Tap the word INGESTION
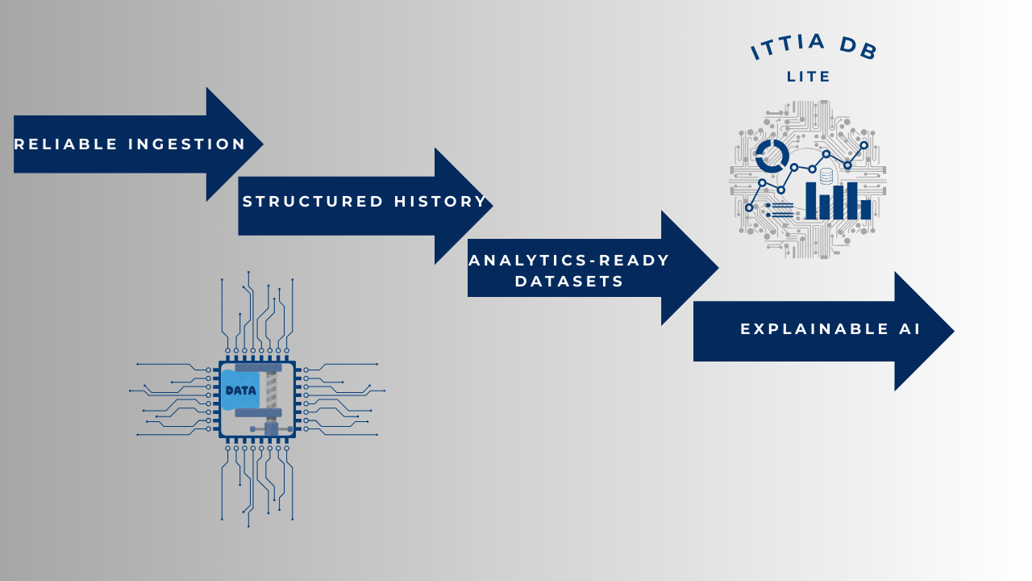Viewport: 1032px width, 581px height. [187, 144]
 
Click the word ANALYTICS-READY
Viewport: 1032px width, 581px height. [569, 261]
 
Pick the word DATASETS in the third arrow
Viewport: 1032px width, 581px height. [569, 282]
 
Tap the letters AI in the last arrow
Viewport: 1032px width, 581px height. [911, 329]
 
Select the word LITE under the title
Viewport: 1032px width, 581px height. [809, 77]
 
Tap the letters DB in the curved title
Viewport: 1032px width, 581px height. [858, 47]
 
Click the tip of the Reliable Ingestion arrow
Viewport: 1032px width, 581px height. [261, 144]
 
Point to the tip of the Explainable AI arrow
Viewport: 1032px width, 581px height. [952, 330]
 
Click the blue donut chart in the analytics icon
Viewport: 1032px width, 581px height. [772, 156]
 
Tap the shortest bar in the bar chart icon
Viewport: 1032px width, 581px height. [866, 210]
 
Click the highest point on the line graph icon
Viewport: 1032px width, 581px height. [863, 145]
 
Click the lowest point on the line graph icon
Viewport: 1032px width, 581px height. [749, 207]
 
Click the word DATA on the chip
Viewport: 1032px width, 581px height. [241, 391]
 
